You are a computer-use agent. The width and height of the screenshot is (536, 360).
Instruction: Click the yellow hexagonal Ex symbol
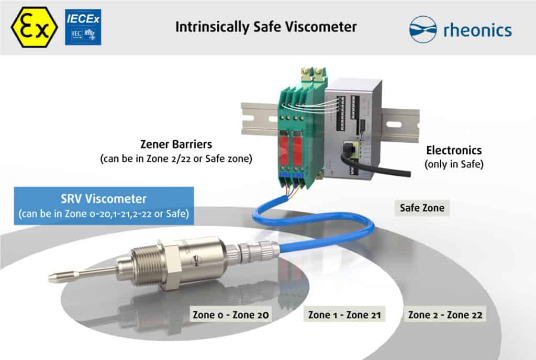(x=34, y=27)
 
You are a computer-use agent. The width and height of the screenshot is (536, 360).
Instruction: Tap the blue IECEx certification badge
(x=83, y=27)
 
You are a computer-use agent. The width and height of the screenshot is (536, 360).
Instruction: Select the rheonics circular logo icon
(x=422, y=29)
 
